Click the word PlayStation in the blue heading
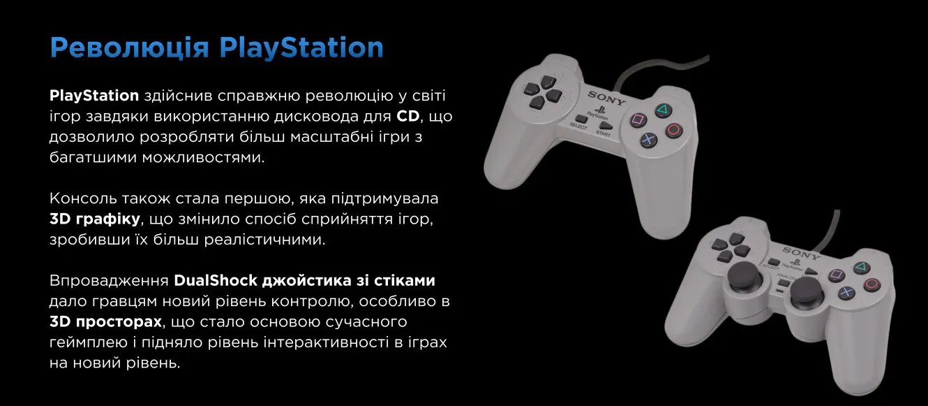point(301,48)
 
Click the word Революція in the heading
point(129,48)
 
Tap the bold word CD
point(408,116)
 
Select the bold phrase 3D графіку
point(95,219)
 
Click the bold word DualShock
point(216,280)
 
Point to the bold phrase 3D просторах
point(105,322)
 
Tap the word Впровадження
point(109,281)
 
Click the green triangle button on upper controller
point(664,110)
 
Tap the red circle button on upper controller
point(674,130)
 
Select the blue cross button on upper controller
point(648,140)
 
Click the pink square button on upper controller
point(638,120)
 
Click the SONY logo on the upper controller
point(606,98)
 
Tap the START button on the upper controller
point(605,126)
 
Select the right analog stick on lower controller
point(806,291)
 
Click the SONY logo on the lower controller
point(801,253)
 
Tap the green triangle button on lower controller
point(861,267)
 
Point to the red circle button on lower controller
point(871,284)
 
